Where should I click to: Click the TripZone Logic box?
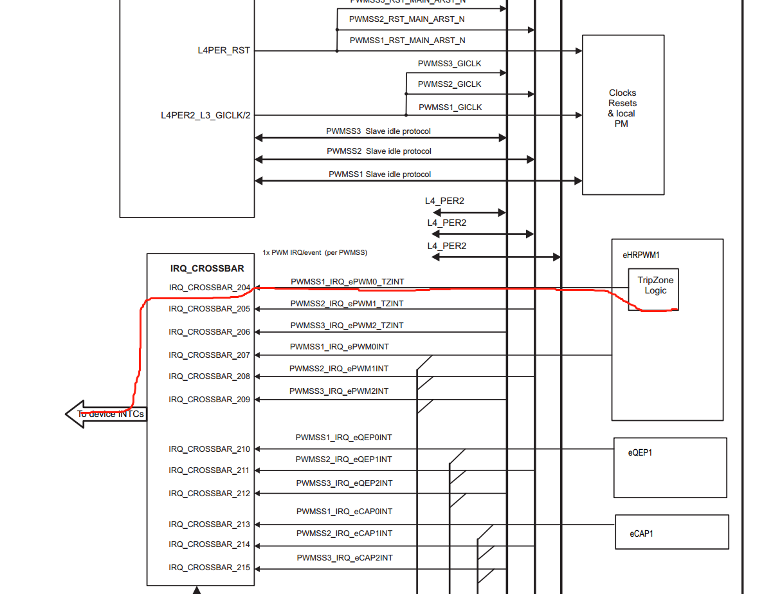[652, 286]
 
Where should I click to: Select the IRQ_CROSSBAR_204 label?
[210, 288]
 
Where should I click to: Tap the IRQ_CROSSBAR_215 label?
[210, 568]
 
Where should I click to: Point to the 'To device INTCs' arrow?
[107, 414]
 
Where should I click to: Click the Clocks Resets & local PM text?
[623, 108]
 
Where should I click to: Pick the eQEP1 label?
[641, 453]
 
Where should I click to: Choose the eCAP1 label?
[641, 534]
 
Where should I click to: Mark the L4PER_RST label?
[224, 50]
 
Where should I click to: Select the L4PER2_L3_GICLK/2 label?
[206, 115]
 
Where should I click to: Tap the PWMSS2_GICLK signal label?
[450, 84]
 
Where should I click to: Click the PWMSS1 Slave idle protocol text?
[379, 174]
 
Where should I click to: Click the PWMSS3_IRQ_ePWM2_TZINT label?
[347, 326]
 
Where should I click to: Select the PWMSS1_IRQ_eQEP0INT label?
[343, 438]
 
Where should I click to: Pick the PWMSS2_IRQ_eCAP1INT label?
[344, 534]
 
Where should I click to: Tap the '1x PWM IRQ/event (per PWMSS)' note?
[314, 252]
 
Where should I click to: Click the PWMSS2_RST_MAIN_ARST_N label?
[407, 19]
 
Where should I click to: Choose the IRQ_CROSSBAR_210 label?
[210, 449]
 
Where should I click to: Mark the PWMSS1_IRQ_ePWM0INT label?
[339, 347]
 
